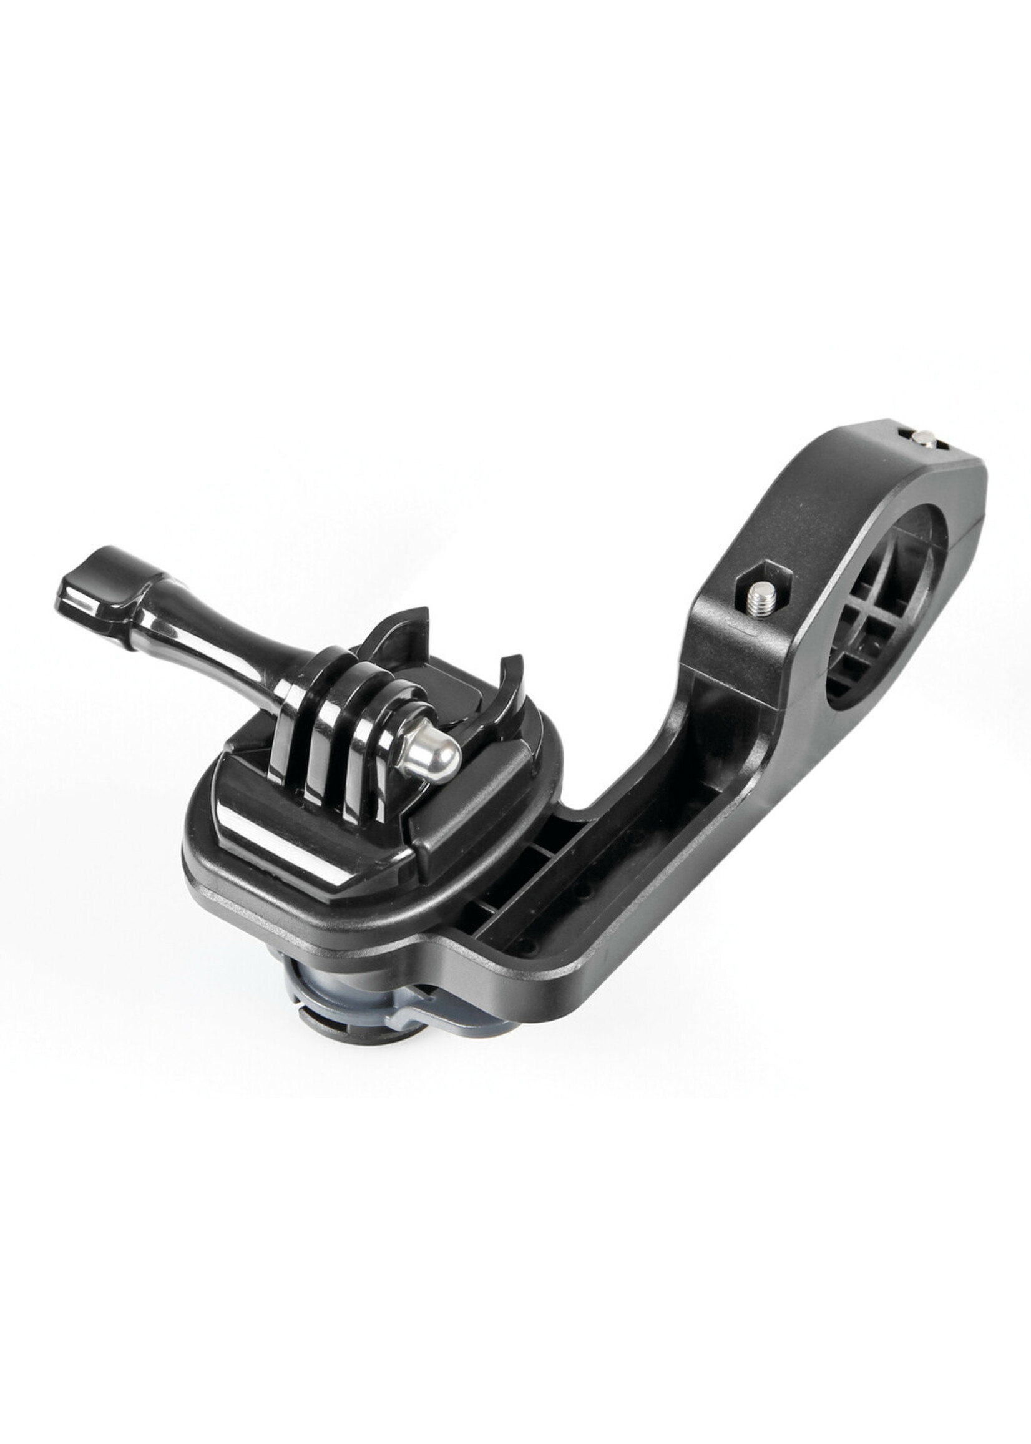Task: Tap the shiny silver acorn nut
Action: coord(429,758)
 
